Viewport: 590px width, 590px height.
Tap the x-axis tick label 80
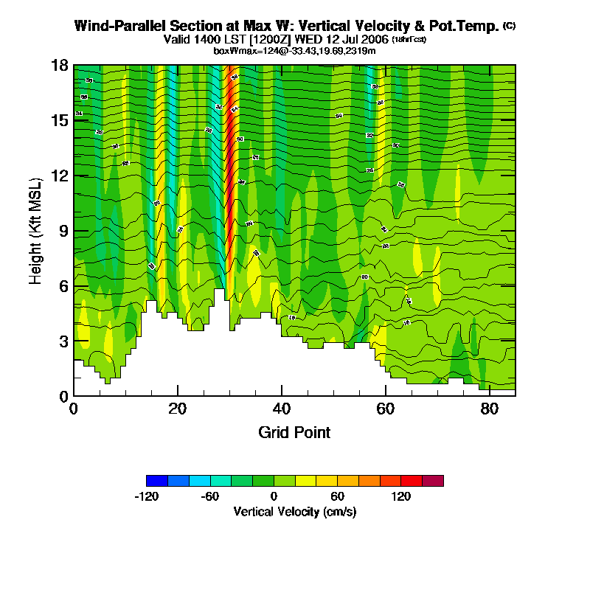pyautogui.click(x=489, y=409)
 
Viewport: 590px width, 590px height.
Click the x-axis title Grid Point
pyautogui.click(x=294, y=432)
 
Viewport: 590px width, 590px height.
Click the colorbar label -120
pyautogui.click(x=147, y=496)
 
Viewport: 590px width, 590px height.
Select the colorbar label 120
pyautogui.click(x=401, y=496)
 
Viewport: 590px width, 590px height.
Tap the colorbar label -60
pyautogui.click(x=210, y=496)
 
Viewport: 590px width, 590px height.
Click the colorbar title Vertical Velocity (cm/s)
pyautogui.click(x=295, y=511)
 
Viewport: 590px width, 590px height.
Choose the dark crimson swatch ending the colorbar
pyautogui.click(x=433, y=481)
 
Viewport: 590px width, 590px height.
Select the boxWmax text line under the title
pyautogui.click(x=294, y=51)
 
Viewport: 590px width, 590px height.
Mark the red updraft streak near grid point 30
pyautogui.click(x=229, y=170)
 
